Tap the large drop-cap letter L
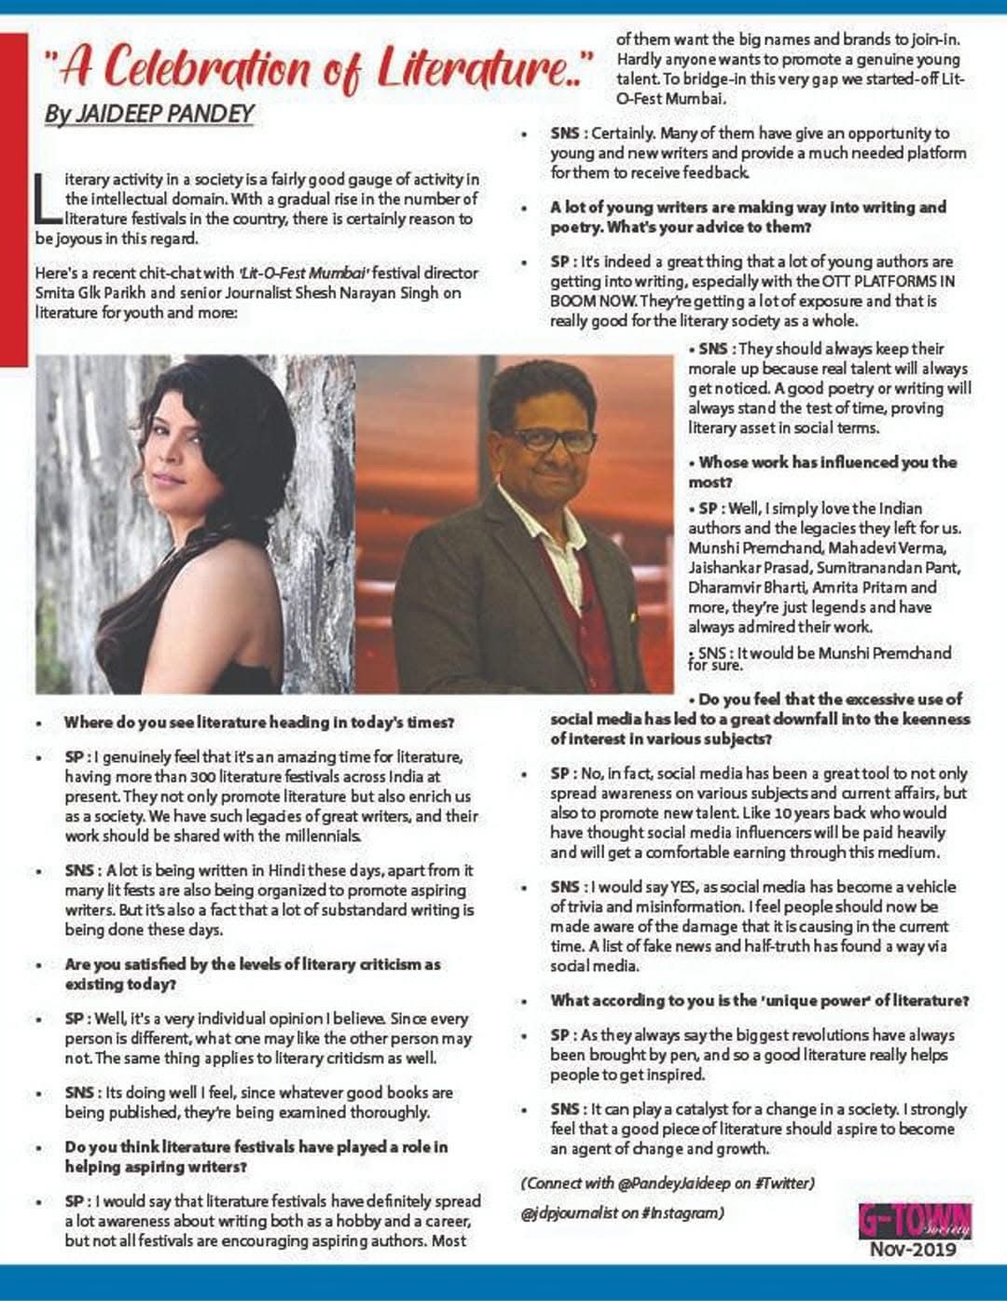(48, 198)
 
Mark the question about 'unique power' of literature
(759, 1001)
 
